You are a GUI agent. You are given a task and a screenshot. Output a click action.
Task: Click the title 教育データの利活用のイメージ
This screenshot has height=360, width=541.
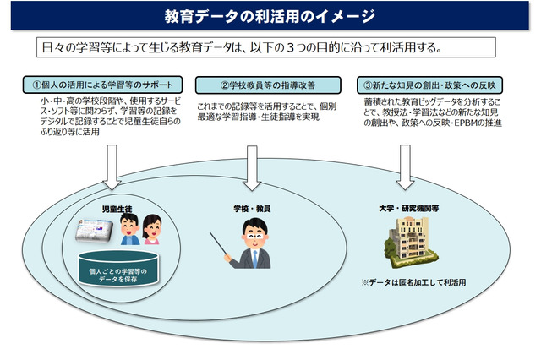point(270,16)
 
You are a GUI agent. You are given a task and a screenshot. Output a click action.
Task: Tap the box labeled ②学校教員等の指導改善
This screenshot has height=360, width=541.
point(268,85)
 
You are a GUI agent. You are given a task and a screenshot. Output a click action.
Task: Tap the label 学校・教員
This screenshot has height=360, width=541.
point(252,208)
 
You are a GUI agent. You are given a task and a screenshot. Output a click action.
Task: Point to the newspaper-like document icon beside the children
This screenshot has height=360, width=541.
point(96,229)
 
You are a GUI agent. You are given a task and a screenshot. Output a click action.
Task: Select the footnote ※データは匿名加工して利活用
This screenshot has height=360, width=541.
point(413,282)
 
